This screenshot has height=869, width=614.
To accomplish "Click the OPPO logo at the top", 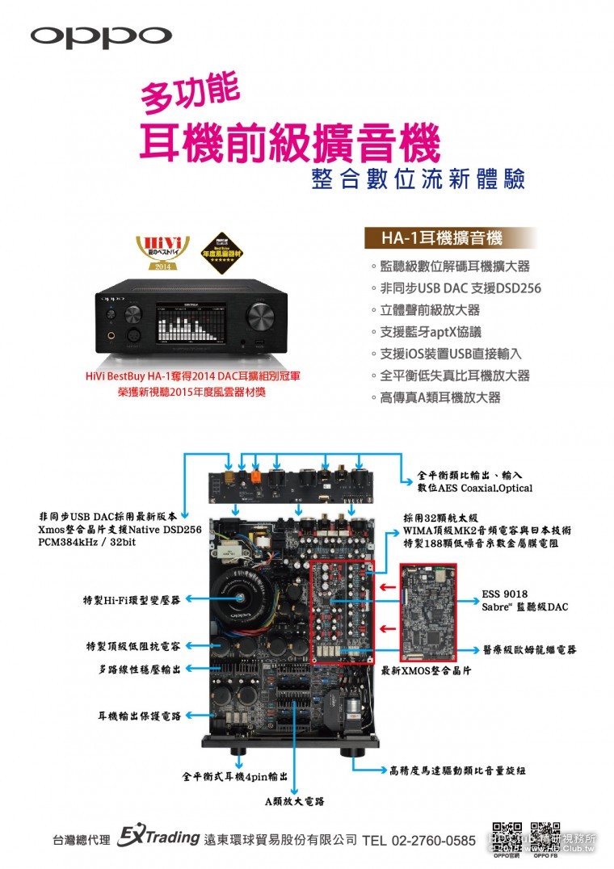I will point(101,36).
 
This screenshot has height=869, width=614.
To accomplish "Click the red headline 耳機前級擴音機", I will point(291,142).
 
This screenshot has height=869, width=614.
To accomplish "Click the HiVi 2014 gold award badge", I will point(162,253).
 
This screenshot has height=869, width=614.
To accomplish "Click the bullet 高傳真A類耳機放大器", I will point(440,397).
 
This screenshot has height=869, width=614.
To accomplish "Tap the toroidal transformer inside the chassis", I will point(243,597).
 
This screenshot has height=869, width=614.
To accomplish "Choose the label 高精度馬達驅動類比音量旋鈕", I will point(457,770).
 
